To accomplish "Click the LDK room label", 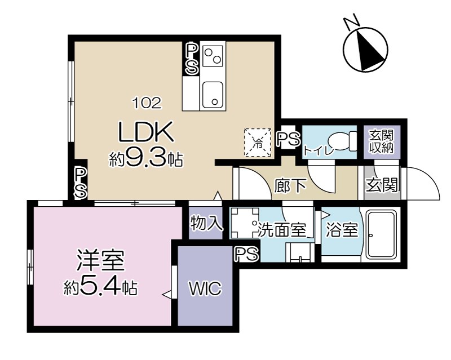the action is coord(147,132).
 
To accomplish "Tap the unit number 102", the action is coord(147,103).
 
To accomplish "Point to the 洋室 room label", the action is coord(100,261).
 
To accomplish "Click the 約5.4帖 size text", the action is coord(100,287).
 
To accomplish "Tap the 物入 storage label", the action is coord(206,223).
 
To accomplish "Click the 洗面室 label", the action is coord(281,230).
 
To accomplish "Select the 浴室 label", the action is coord(342,230).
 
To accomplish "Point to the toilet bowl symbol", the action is coord(343,141).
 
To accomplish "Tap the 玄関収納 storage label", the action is coord(382,141).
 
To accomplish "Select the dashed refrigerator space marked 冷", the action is coord(258,143).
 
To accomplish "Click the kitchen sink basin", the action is coord(213,94).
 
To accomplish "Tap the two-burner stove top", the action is coord(213,56).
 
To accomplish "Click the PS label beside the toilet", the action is coord(288,139).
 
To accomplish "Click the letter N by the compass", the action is coord(352,22).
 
